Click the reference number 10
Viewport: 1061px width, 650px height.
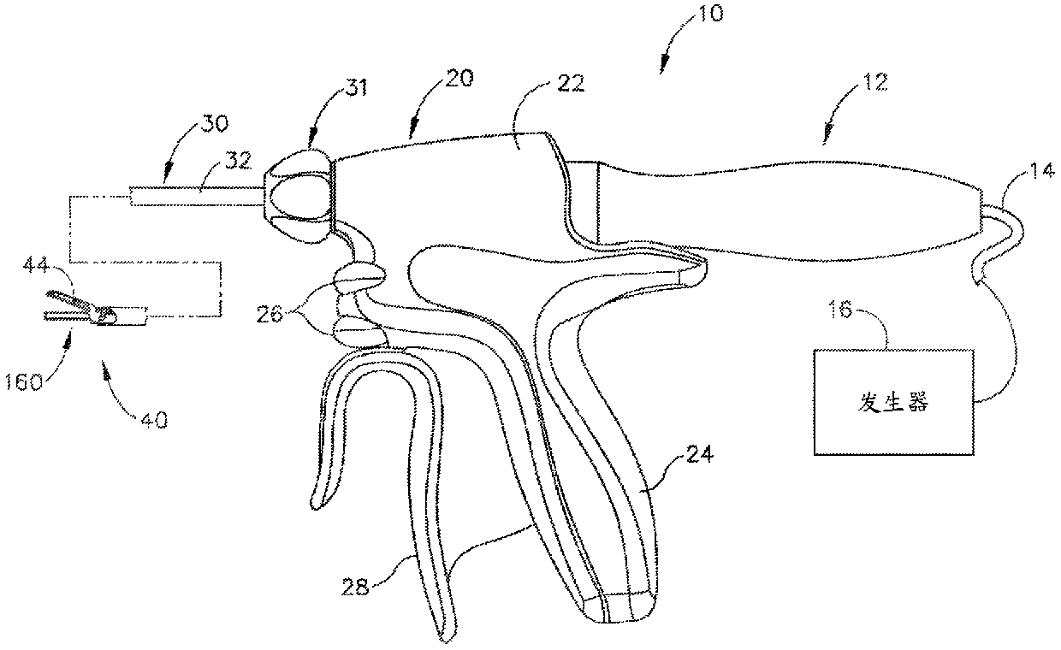coord(709,15)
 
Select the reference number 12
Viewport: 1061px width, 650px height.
coord(875,83)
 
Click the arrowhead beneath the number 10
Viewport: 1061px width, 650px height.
coord(664,62)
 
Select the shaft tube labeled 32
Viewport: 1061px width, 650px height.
coord(193,196)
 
